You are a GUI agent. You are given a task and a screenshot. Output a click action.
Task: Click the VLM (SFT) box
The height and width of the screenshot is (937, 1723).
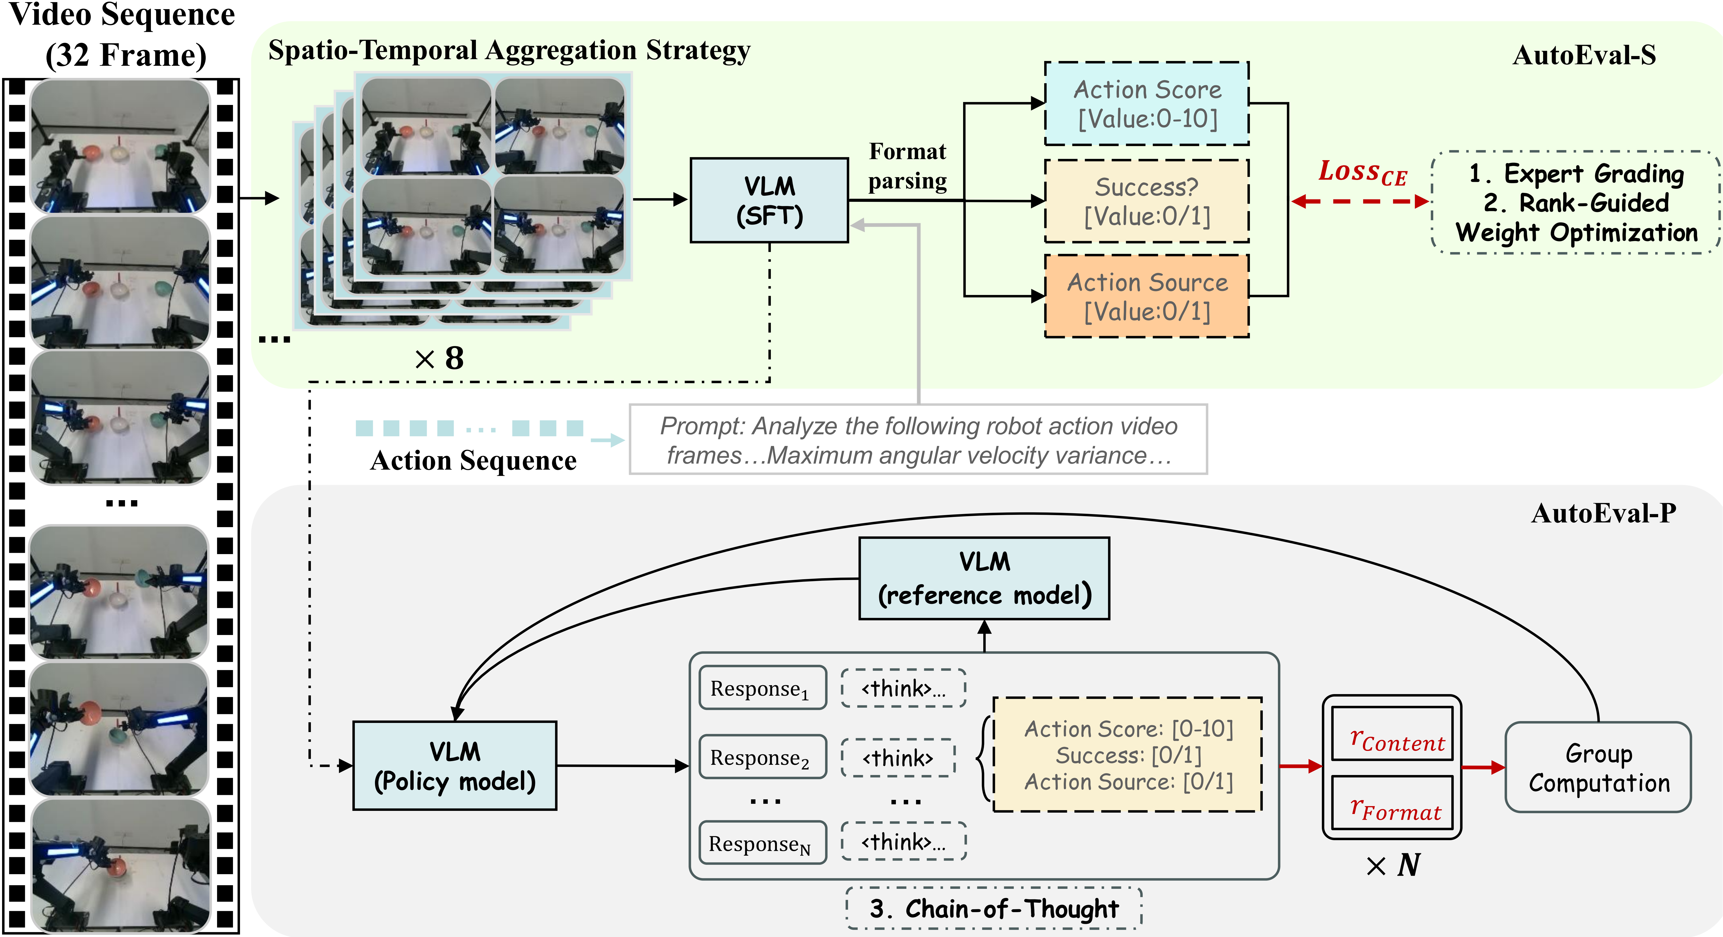(769, 200)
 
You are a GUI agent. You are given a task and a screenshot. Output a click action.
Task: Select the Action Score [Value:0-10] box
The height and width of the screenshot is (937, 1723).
(1146, 104)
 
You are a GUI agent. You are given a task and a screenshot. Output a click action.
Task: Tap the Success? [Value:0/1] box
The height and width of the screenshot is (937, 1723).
(1146, 201)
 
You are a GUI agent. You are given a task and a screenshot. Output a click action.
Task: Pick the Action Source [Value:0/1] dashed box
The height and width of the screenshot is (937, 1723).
(1146, 296)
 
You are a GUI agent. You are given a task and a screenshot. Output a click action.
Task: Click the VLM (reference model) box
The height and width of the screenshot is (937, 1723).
(984, 578)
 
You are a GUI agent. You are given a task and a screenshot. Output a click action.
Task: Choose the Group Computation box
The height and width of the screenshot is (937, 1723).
(1598, 767)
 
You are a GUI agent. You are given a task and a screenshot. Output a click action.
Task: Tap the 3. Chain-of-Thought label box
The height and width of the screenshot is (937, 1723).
(994, 908)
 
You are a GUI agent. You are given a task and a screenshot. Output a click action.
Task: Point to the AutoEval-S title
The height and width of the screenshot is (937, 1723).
(1584, 55)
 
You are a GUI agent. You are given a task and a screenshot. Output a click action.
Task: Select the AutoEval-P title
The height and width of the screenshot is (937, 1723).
(1603, 513)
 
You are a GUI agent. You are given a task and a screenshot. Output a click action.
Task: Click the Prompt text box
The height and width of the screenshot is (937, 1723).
(918, 440)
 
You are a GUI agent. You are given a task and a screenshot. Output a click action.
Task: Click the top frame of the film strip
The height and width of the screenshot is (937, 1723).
(120, 146)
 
